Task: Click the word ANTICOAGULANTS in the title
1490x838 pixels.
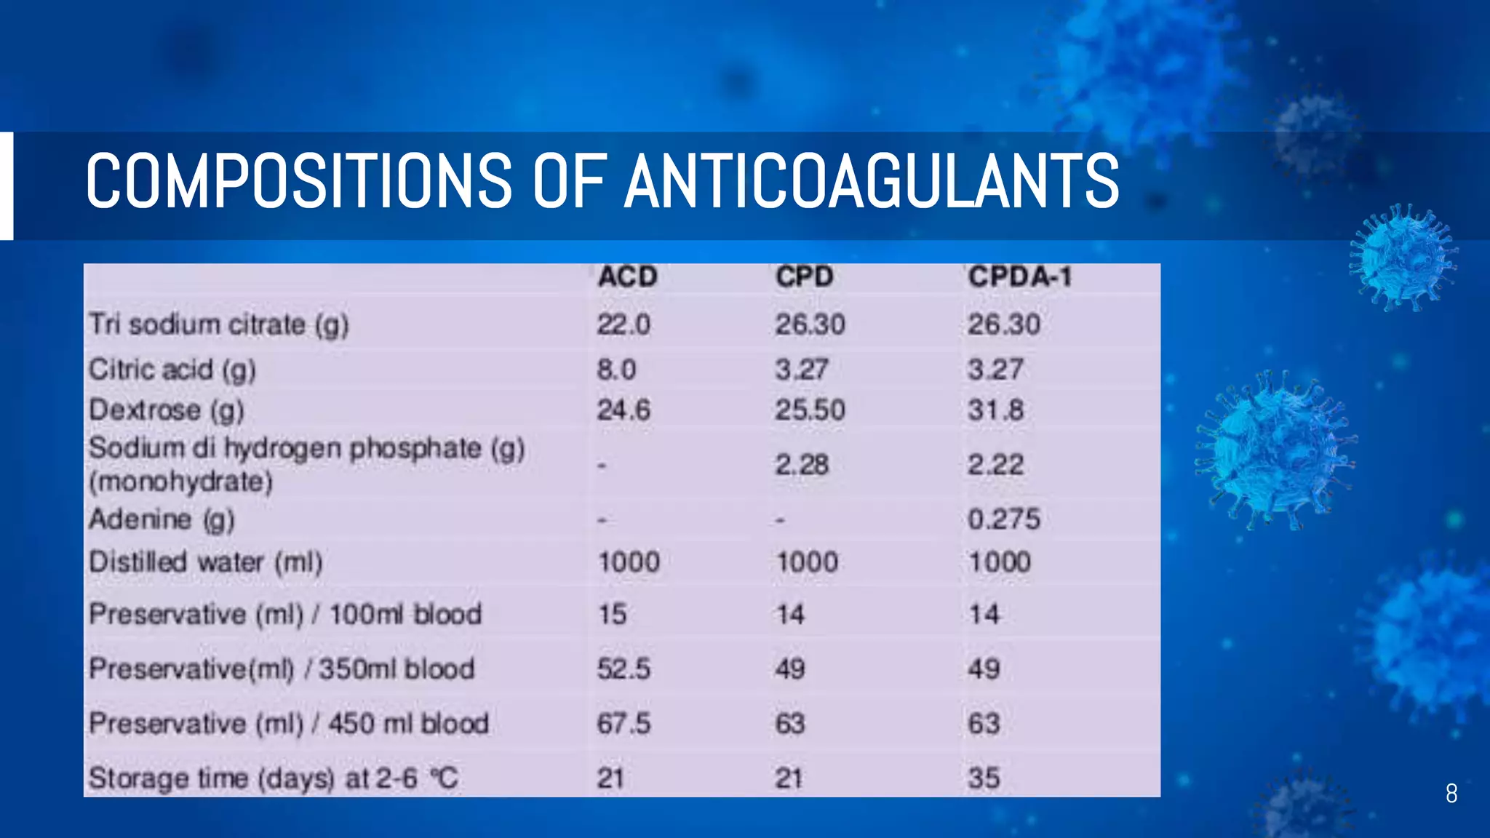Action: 872,181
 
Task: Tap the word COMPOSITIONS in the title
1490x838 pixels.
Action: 299,181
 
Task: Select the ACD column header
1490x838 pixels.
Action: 627,277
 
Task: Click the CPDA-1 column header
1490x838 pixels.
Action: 1019,277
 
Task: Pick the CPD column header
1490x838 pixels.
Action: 804,277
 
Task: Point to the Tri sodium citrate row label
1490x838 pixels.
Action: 218,324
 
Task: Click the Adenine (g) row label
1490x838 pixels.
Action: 162,519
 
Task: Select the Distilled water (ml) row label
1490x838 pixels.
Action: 205,562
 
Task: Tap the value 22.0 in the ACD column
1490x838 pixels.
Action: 624,324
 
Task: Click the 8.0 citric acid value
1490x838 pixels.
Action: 616,370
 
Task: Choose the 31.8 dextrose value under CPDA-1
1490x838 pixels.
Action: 995,410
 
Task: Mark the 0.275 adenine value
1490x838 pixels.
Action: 1003,519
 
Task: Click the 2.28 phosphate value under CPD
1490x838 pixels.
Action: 802,465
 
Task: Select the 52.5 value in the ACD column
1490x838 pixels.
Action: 624,669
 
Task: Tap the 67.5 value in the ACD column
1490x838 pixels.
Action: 624,724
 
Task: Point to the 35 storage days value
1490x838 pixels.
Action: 984,778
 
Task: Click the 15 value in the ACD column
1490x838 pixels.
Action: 612,615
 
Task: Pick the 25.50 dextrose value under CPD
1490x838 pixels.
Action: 810,410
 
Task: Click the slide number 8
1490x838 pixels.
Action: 1451,794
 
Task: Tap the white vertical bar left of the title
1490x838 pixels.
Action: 7,185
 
